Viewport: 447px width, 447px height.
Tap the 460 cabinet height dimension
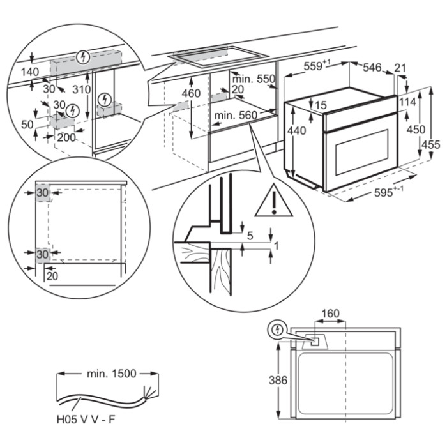click(x=191, y=94)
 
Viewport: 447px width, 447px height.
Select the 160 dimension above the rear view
click(x=330, y=314)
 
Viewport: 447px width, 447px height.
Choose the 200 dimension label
click(x=65, y=137)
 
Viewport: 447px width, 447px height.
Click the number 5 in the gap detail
click(x=250, y=236)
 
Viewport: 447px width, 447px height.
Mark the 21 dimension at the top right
click(x=400, y=68)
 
